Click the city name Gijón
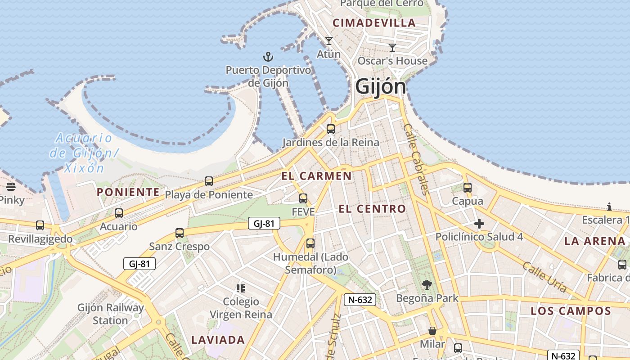(380, 86)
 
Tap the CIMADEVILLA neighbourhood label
(374, 23)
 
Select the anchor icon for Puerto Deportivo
(268, 57)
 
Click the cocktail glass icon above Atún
(329, 41)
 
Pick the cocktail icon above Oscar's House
(392, 47)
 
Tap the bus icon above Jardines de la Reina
(331, 129)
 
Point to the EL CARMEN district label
(317, 176)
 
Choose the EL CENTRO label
(372, 209)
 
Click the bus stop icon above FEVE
(303, 198)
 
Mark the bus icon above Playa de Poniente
(209, 181)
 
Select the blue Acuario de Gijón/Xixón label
(84, 153)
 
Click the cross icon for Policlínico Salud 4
(479, 224)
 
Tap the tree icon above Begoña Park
(427, 285)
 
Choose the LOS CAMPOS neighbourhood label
(571, 311)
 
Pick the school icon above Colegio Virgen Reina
(241, 288)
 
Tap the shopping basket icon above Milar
(432, 331)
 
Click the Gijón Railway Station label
(111, 314)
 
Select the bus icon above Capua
(468, 188)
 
